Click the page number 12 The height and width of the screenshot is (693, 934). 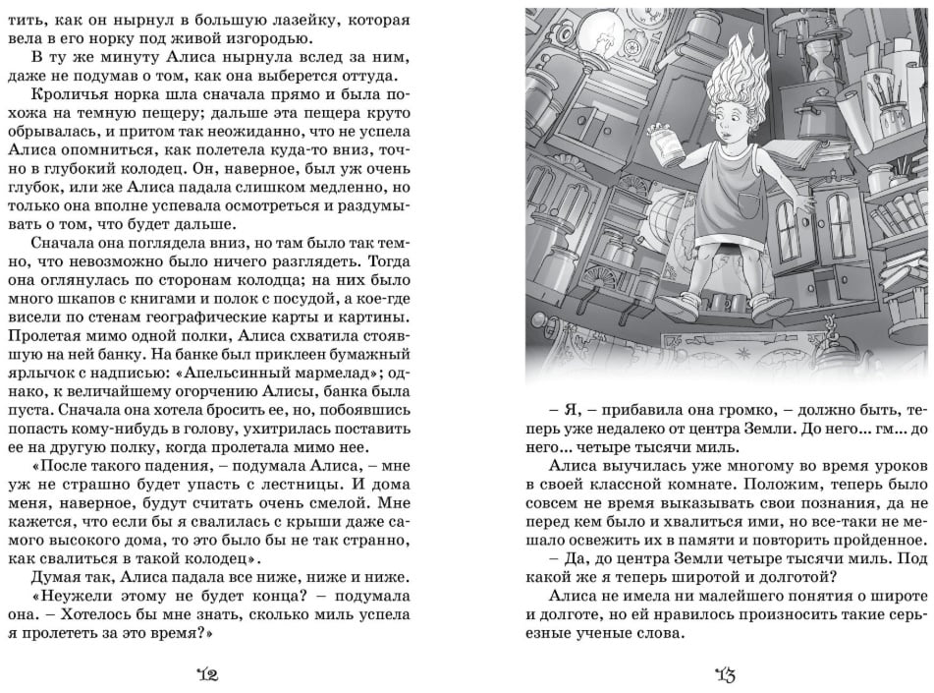click(x=208, y=673)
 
